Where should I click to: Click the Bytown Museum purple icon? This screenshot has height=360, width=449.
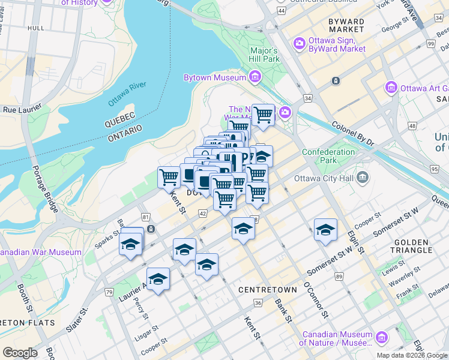[255, 77]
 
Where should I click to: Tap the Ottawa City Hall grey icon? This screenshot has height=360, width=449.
[362, 177]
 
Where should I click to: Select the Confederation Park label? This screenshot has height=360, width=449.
[328, 156]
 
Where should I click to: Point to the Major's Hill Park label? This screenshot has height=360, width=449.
[264, 55]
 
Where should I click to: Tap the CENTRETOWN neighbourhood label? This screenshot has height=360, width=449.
[267, 290]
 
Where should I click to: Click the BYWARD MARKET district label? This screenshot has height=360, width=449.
[346, 26]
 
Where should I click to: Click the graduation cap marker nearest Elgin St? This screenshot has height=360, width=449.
[325, 230]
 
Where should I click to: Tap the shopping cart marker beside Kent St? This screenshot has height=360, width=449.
[169, 177]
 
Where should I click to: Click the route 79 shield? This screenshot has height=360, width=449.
[109, 292]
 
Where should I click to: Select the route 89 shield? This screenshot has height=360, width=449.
[339, 276]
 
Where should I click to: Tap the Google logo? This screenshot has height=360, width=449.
[20, 353]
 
